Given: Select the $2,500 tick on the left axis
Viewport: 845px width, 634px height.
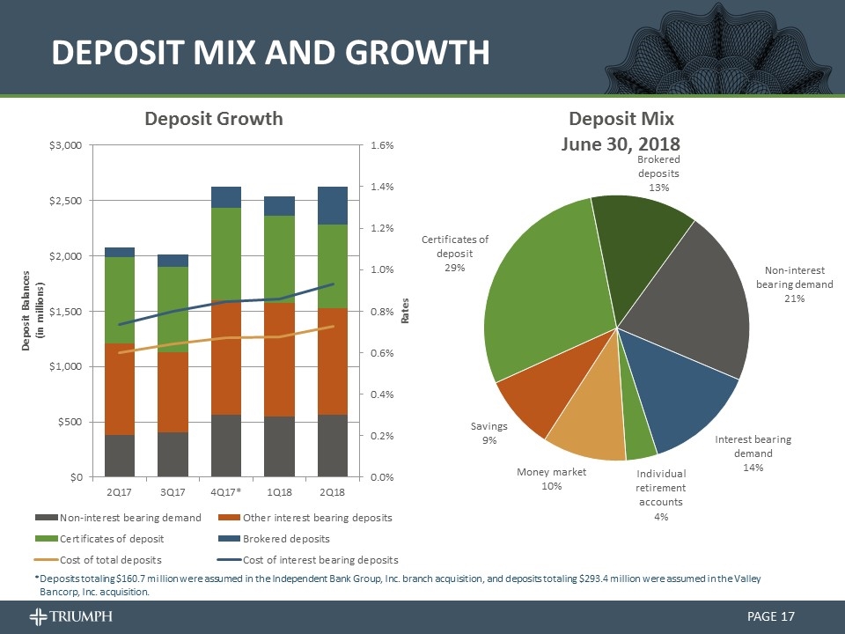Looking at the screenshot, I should (68, 201).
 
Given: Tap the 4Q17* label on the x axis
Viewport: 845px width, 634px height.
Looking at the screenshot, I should (226, 490).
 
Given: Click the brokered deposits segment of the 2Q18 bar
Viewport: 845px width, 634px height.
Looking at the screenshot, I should (333, 205).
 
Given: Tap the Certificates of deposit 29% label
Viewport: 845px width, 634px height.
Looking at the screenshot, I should (455, 253).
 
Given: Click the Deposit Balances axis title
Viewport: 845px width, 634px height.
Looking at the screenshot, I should (33, 310).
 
